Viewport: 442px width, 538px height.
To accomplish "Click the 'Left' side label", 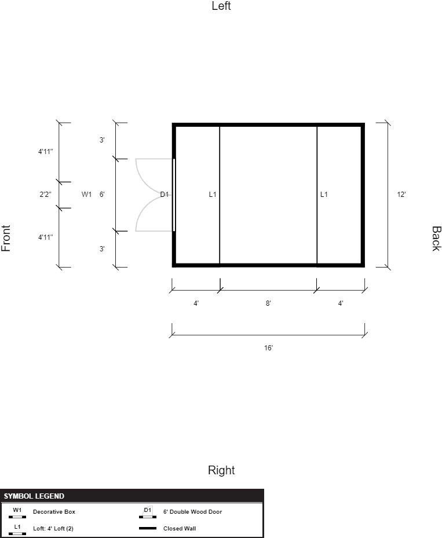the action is click(x=221, y=6).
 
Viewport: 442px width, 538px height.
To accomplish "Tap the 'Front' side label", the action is click(x=6, y=238).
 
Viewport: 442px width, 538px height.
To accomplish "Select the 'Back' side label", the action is click(x=436, y=239).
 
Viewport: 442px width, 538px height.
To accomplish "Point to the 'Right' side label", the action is click(x=221, y=470).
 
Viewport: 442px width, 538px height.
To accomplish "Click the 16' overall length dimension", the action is click(x=268, y=348).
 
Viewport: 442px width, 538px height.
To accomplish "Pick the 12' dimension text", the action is click(x=401, y=195).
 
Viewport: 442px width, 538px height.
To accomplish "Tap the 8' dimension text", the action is click(x=268, y=303).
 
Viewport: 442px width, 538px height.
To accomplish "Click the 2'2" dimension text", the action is click(x=45, y=195).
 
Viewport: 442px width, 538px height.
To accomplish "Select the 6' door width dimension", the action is click(x=102, y=195).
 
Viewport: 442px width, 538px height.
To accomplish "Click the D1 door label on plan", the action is click(x=165, y=195).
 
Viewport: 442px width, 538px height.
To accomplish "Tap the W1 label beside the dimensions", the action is click(x=86, y=195).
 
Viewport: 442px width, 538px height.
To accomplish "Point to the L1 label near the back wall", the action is click(x=324, y=195).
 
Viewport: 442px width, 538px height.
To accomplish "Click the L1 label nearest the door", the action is click(x=213, y=195).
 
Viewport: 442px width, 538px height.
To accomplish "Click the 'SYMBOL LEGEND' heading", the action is click(x=34, y=496).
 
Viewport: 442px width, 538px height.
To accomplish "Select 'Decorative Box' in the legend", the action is click(x=54, y=511).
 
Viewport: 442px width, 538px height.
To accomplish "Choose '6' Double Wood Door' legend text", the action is click(x=192, y=511).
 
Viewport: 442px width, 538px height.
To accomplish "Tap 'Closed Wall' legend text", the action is click(x=180, y=528).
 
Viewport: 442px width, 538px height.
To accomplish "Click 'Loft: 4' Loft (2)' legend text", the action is click(x=53, y=528).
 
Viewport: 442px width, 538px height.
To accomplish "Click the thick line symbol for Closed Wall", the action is click(x=148, y=528).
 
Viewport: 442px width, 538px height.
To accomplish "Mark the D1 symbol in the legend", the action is click(x=148, y=512).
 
